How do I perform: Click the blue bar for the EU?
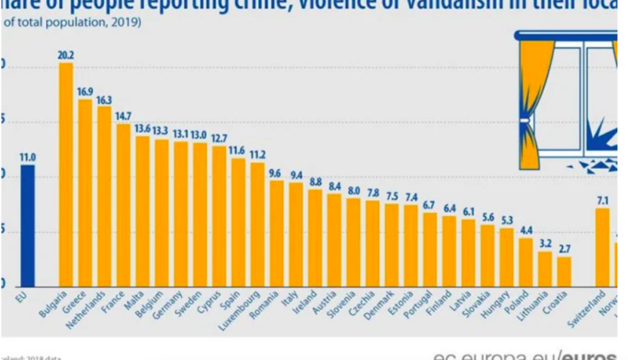tap(28, 226)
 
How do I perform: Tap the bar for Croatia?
tap(564, 271)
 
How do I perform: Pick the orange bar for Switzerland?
tap(602, 247)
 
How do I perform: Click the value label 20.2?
tap(65, 54)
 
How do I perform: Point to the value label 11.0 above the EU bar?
tap(28, 157)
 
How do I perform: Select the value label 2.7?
tap(564, 249)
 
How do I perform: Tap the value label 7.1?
tap(602, 200)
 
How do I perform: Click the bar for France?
tap(123, 205)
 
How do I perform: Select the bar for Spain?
tap(238, 222)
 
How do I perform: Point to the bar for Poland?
tap(526, 262)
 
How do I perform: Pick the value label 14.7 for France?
tap(123, 116)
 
